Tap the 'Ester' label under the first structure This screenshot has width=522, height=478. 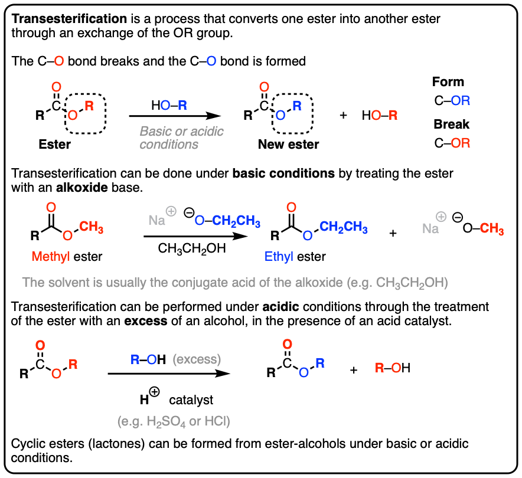point(55,143)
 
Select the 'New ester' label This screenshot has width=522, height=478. point(288,145)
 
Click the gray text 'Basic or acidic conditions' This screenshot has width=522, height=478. point(182,137)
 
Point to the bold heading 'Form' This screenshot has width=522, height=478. point(448,82)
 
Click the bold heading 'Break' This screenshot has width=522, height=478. point(451,125)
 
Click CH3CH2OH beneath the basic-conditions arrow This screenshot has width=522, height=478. point(192,248)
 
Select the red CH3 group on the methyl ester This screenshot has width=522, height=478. point(92,226)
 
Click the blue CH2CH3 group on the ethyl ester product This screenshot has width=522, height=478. point(341,228)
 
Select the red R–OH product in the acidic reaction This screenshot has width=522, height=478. point(393,369)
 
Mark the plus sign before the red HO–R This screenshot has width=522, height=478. point(343,115)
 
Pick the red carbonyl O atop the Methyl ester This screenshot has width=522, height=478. point(51,208)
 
